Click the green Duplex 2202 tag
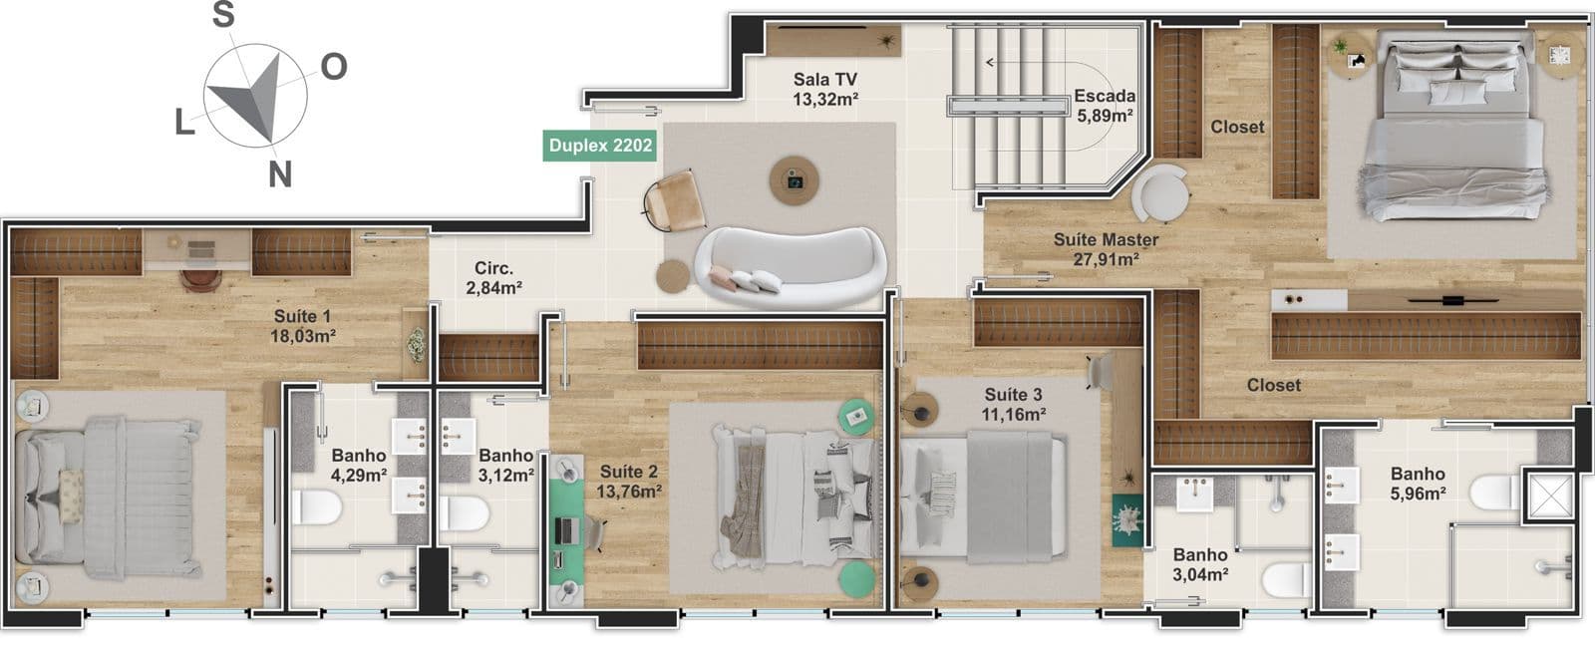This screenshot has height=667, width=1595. [x=599, y=146]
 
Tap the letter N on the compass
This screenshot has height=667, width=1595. [x=280, y=173]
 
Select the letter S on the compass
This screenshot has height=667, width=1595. [x=223, y=14]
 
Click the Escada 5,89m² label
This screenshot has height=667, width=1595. [x=1106, y=106]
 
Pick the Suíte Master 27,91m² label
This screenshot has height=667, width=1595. [x=1106, y=250]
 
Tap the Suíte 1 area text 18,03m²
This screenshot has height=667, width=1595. [x=303, y=336]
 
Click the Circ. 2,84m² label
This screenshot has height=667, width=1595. [x=494, y=277]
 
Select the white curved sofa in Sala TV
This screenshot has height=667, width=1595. [x=791, y=265]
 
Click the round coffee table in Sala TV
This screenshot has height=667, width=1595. [x=794, y=180]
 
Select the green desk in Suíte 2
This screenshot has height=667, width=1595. [x=567, y=531]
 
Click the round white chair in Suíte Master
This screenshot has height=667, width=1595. [x=1160, y=192]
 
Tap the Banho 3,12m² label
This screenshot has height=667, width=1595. [x=506, y=465]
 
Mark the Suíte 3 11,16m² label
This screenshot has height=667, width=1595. [x=1014, y=404]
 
